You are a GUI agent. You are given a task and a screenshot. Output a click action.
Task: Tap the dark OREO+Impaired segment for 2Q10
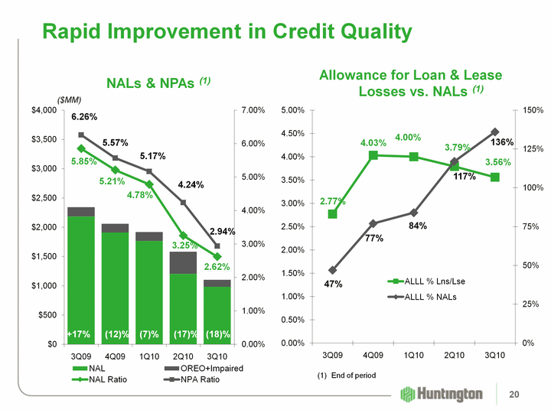(183, 262)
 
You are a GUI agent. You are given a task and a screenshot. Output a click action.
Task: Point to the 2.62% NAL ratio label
(217, 266)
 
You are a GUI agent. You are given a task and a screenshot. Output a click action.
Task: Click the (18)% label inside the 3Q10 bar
(217, 334)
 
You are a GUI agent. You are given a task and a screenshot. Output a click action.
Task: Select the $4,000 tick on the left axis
(44, 110)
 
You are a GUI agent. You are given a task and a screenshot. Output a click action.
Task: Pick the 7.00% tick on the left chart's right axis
(253, 110)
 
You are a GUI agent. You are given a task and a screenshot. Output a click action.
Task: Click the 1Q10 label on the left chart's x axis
(148, 356)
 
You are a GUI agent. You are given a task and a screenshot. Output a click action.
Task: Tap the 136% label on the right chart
(501, 142)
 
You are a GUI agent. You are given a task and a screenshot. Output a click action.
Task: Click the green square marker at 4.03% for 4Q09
(373, 155)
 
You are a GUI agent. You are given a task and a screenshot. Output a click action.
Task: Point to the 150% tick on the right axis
(533, 110)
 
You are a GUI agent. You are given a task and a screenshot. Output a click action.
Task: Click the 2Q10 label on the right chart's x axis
(455, 356)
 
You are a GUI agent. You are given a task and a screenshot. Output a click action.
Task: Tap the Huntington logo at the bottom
(441, 394)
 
